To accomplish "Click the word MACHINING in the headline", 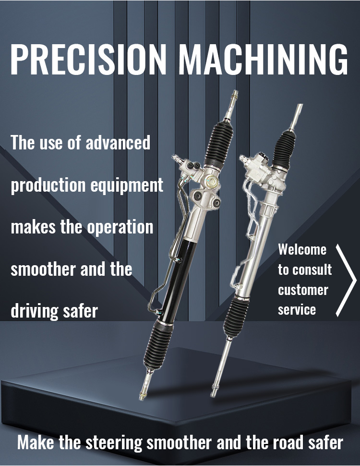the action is tap(263, 59).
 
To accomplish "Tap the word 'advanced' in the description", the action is tap(118, 142).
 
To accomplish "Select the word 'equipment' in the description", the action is tap(127, 185).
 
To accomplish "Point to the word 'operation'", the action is tap(120, 228).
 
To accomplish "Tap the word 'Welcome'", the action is tap(302, 249).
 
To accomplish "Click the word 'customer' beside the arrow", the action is tap(303, 290).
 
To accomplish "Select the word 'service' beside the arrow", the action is tap(297, 310).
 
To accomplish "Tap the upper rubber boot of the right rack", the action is tap(284, 150).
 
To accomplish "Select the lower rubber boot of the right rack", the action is tap(236, 317).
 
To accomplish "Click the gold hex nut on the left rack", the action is tap(212, 180).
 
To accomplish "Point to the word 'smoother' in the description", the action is tap(43, 269).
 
